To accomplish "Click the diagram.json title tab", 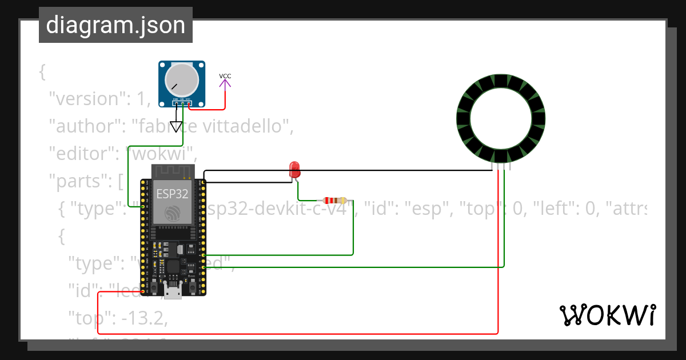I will [x=115, y=25].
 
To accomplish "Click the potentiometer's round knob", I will [x=181, y=80].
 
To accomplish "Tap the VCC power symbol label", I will [x=225, y=76].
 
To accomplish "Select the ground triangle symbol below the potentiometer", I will [x=176, y=127].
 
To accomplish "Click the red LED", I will [x=294, y=169].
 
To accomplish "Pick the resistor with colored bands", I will [x=334, y=201].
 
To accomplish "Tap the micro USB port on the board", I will [x=173, y=293].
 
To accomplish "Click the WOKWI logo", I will [x=607, y=315].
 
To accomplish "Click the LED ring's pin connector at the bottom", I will [x=500, y=167].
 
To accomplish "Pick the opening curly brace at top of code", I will [x=42, y=73].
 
